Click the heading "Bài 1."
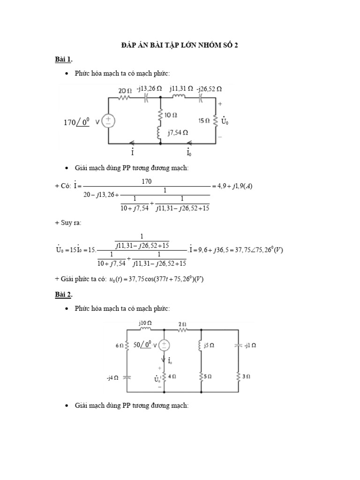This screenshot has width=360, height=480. click(x=63, y=60)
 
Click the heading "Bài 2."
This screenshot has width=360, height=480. click(x=63, y=294)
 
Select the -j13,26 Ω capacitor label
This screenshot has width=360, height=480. click(x=150, y=88)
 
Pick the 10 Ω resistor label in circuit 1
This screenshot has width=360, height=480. click(x=170, y=114)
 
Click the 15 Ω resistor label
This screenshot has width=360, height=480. click(x=204, y=121)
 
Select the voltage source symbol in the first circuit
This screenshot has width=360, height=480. click(x=108, y=121)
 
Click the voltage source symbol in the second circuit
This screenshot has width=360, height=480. click(x=164, y=345)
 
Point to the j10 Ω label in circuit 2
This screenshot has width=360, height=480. click(x=145, y=323)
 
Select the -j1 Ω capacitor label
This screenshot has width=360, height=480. click(x=250, y=345)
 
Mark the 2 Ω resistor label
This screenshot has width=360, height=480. click(x=183, y=323)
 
